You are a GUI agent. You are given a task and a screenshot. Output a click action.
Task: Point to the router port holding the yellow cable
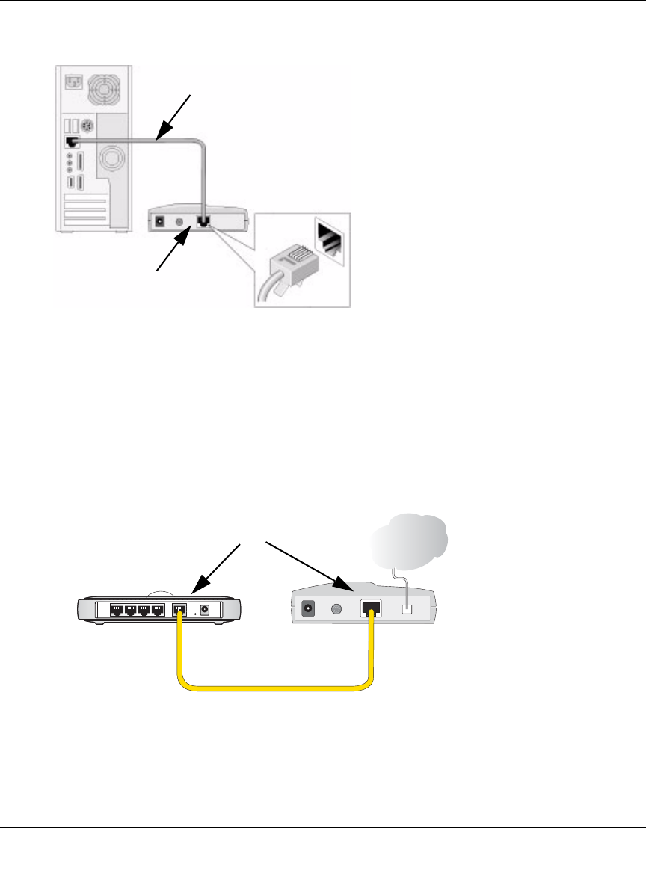pos(179,610)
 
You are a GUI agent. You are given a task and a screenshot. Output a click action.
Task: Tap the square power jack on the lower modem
pos(307,609)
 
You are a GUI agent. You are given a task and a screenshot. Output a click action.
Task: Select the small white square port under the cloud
pos(408,609)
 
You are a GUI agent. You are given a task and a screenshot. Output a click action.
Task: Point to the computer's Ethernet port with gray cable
pos(71,141)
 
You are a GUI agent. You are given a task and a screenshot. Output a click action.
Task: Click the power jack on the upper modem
pos(159,222)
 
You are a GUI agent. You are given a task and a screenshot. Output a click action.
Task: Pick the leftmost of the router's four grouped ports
pos(117,610)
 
